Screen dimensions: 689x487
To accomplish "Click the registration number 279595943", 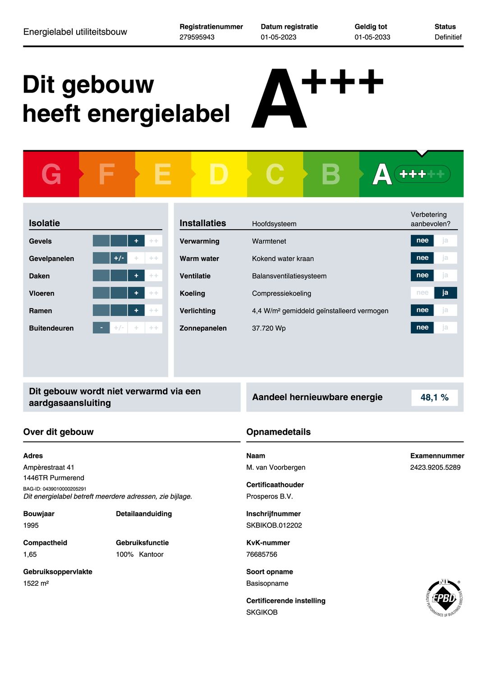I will (x=197, y=37).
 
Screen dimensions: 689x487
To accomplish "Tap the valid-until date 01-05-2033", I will (x=372, y=37).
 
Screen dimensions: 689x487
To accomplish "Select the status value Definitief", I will (x=448, y=37).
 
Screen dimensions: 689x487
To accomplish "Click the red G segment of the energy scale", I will (x=51, y=174).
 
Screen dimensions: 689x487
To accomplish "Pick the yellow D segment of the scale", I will (x=219, y=174).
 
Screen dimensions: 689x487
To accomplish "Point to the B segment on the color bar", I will (x=331, y=174).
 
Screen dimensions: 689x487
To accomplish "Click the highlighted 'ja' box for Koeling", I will (x=445, y=293).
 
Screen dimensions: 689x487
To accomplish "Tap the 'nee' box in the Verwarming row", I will (x=422, y=240).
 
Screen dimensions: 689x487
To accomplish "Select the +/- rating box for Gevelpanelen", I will (x=119, y=258).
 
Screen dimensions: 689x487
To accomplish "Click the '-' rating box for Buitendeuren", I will (x=101, y=328).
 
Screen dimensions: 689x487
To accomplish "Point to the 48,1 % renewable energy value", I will (x=434, y=398).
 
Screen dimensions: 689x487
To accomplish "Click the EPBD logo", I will (x=444, y=598).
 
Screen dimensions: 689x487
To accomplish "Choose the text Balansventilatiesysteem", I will (x=289, y=276).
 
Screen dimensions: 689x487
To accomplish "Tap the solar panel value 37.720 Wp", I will (x=269, y=328).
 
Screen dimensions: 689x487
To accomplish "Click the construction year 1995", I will (x=31, y=525).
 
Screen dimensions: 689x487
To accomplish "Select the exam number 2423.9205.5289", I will (x=435, y=467).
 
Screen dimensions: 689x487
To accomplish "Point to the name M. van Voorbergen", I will (x=276, y=467).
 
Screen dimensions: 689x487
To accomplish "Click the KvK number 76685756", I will (x=262, y=554).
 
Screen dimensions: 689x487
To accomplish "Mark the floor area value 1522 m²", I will (x=36, y=583).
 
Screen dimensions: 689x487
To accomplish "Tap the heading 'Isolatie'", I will (x=44, y=223).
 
